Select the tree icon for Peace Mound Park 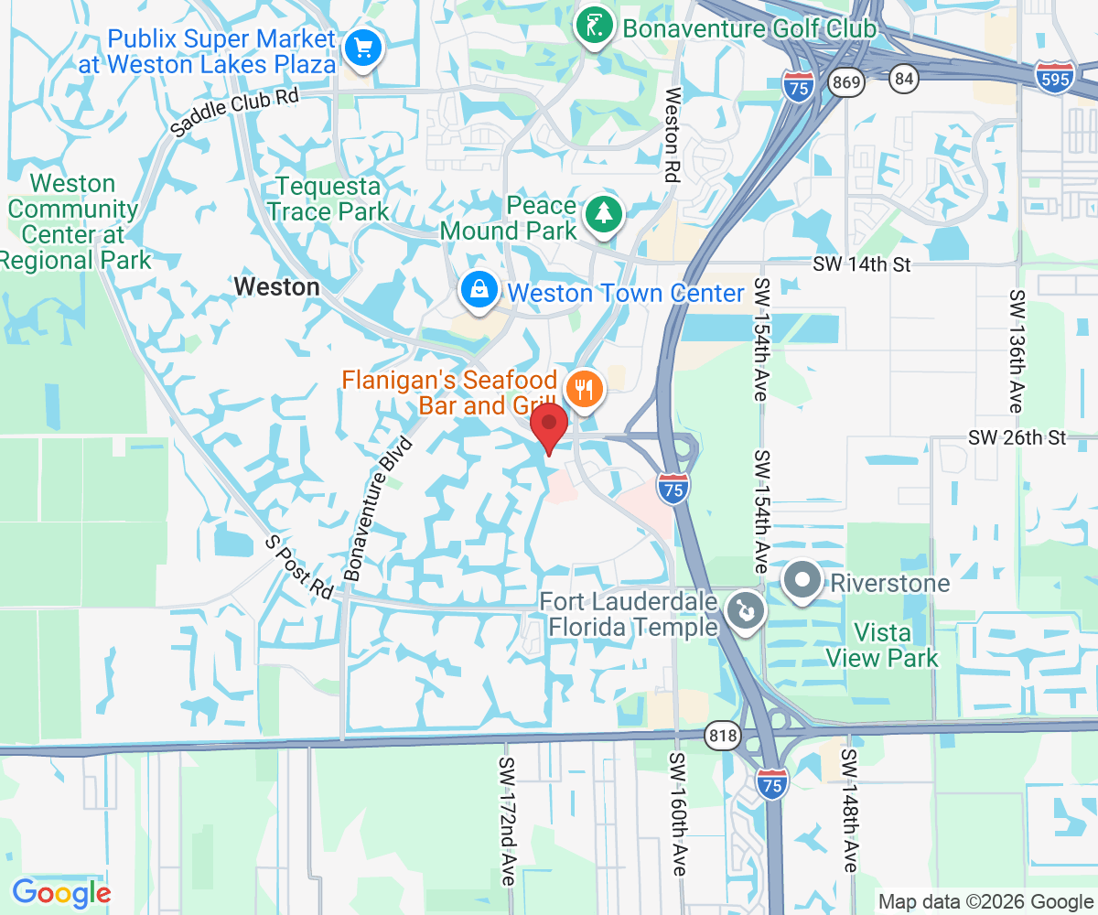(x=604, y=214)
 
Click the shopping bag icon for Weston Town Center (x=479, y=291)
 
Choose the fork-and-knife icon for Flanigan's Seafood (x=583, y=390)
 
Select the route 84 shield (x=904, y=80)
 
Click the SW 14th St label (x=863, y=264)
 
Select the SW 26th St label (x=1017, y=437)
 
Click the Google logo (x=61, y=893)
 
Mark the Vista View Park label (x=882, y=645)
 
